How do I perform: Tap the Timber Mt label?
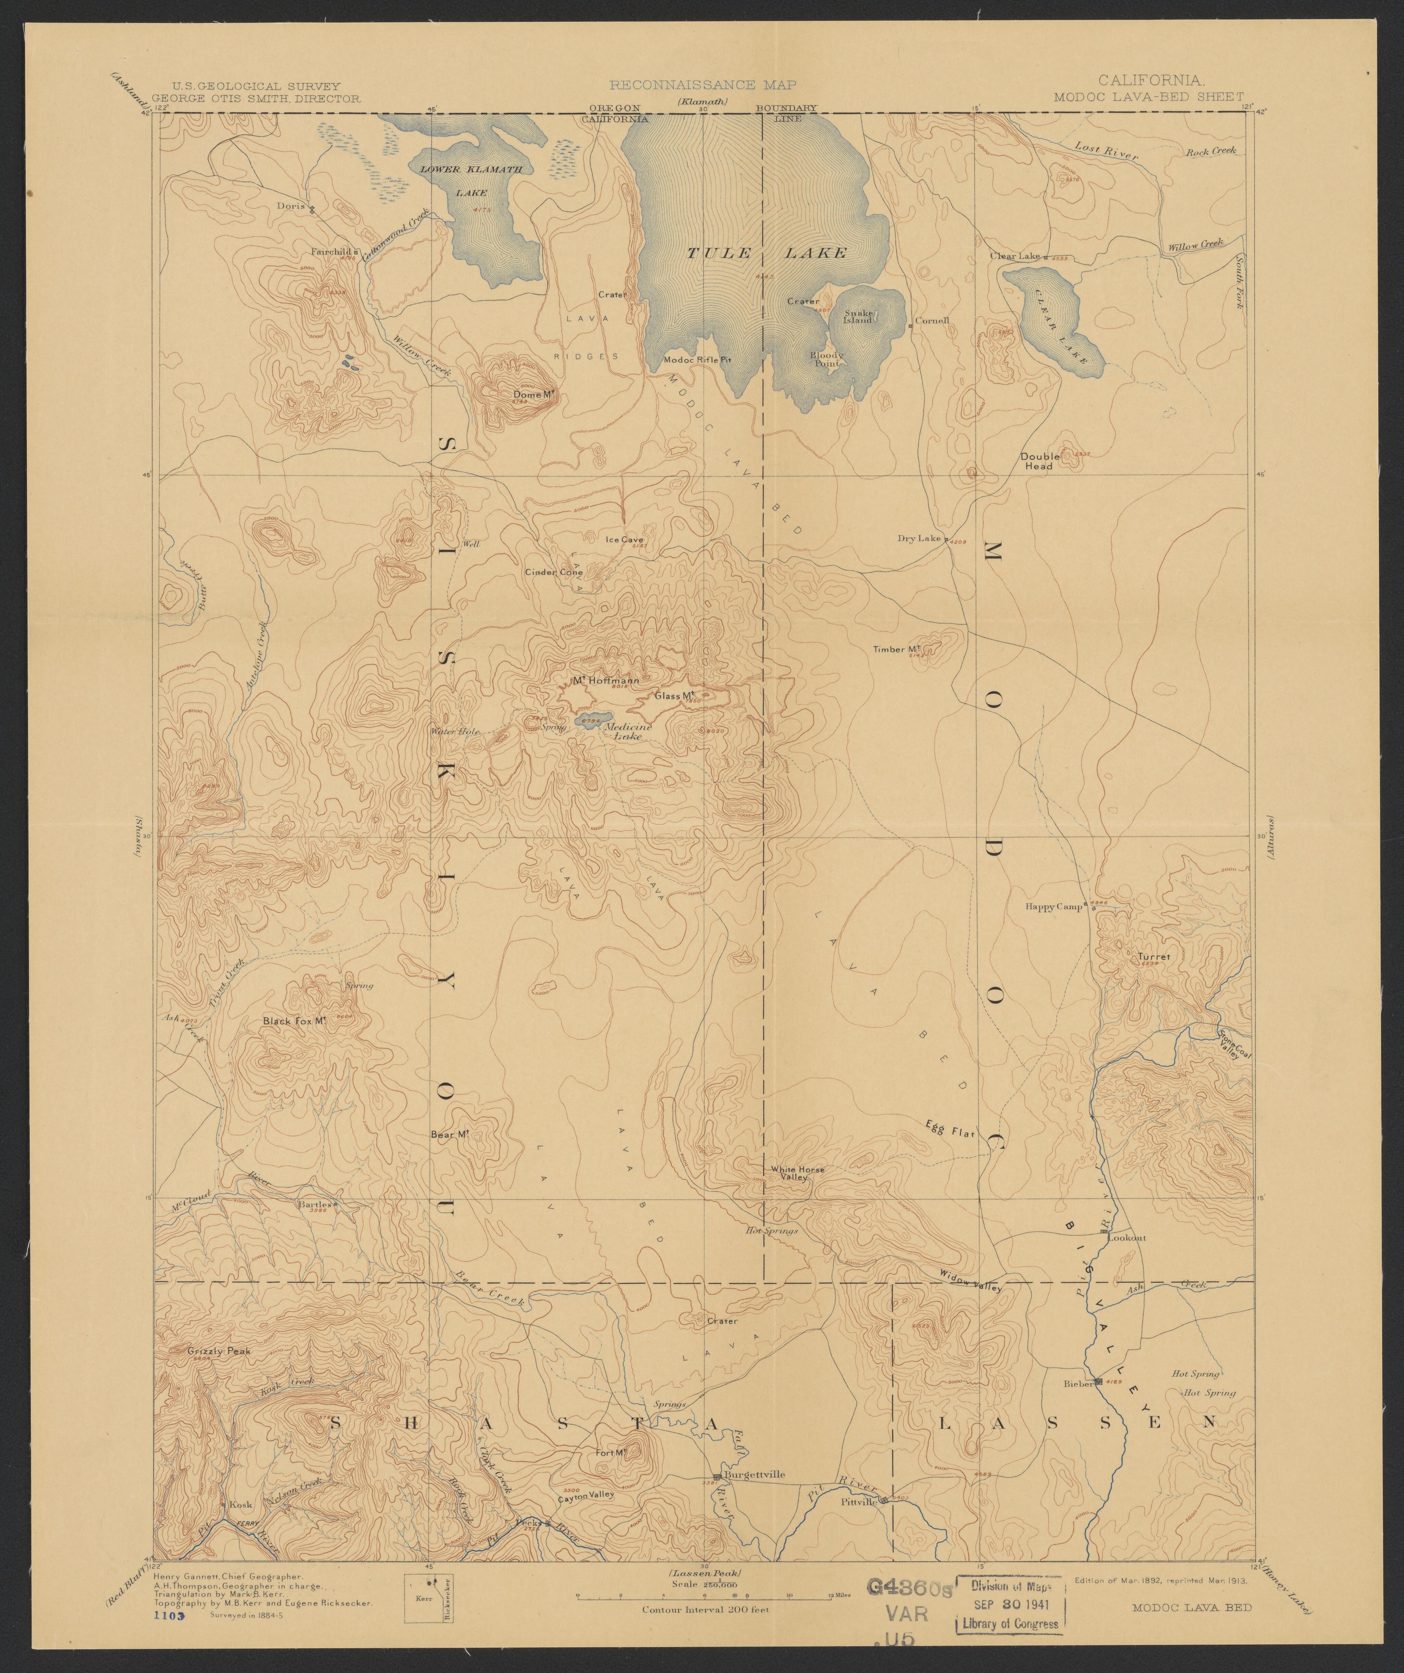pyautogui.click(x=896, y=649)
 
